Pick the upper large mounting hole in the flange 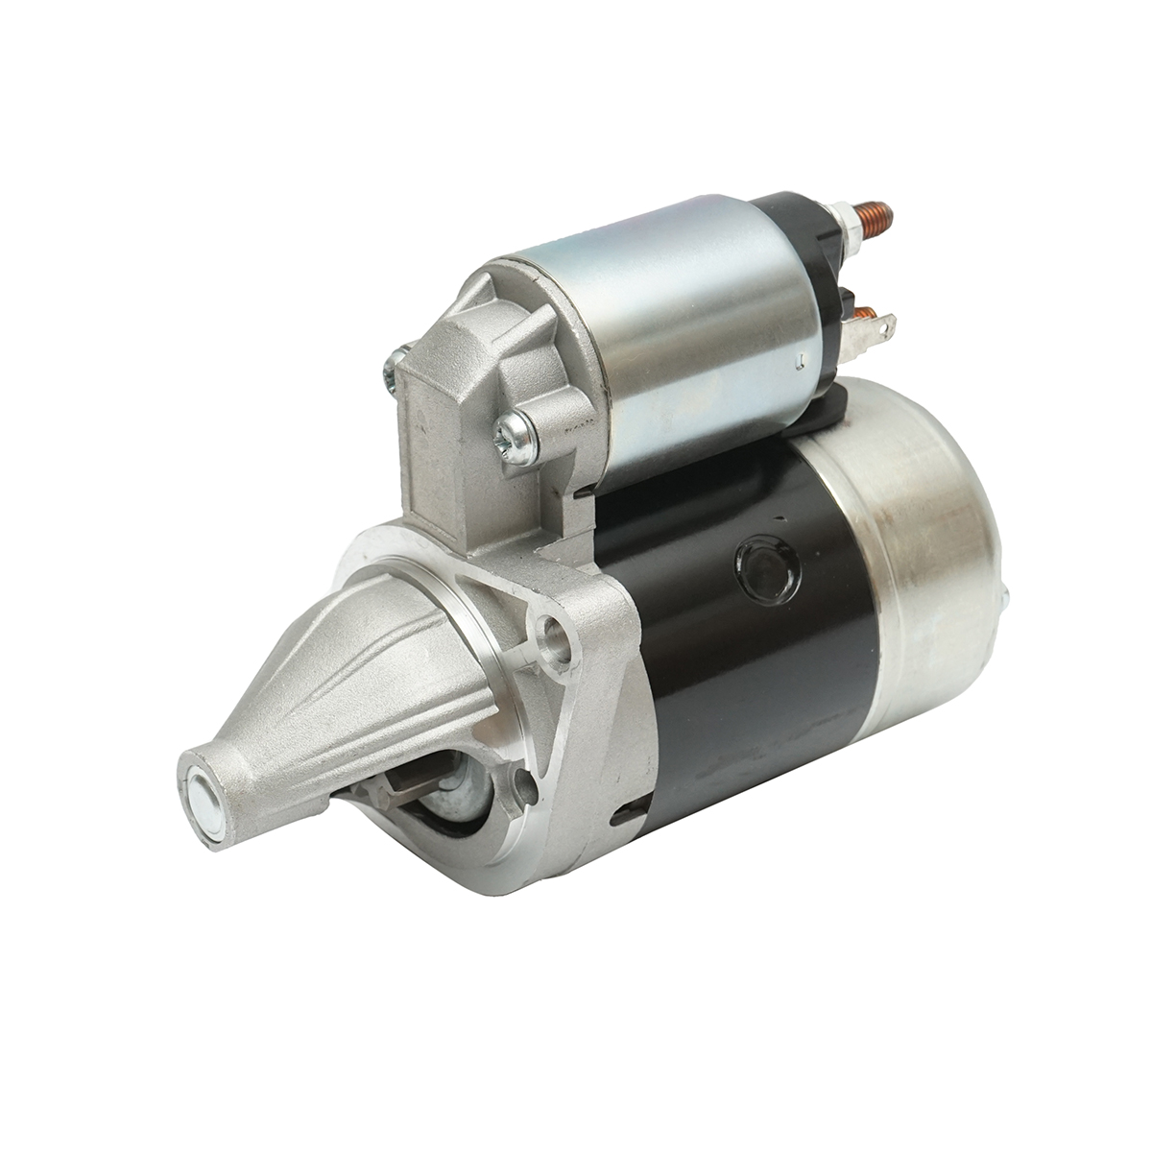coord(553,632)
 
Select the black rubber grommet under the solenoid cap coord(826,403)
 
